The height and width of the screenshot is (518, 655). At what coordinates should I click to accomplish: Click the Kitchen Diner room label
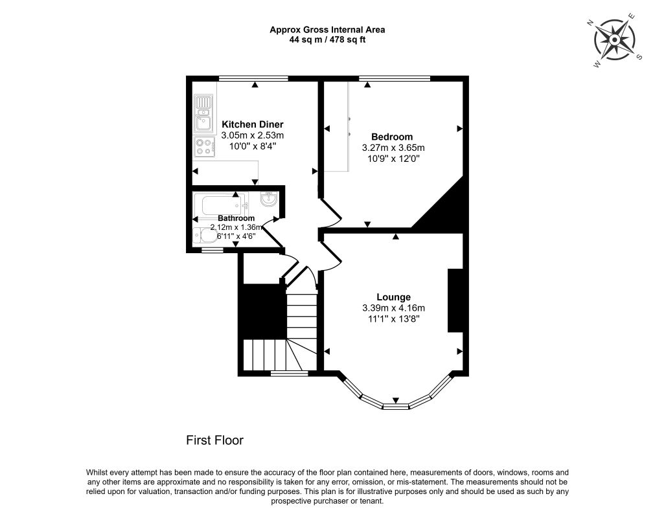click(x=253, y=124)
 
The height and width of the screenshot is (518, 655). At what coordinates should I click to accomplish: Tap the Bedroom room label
click(x=392, y=137)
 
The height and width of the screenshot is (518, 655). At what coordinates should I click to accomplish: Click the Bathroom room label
click(x=236, y=218)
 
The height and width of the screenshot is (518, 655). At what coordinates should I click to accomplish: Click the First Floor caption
click(x=214, y=440)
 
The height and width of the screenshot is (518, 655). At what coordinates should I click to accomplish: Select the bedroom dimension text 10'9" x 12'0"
click(x=392, y=157)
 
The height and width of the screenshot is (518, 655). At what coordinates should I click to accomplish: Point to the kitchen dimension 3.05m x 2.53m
click(x=253, y=135)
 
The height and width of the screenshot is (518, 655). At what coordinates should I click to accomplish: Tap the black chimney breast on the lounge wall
click(x=455, y=300)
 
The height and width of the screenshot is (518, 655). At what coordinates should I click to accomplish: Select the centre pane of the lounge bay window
click(x=396, y=407)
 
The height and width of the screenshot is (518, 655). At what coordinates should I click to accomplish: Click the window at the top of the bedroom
click(x=395, y=78)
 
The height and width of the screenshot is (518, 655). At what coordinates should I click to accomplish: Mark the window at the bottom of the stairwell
click(x=289, y=374)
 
